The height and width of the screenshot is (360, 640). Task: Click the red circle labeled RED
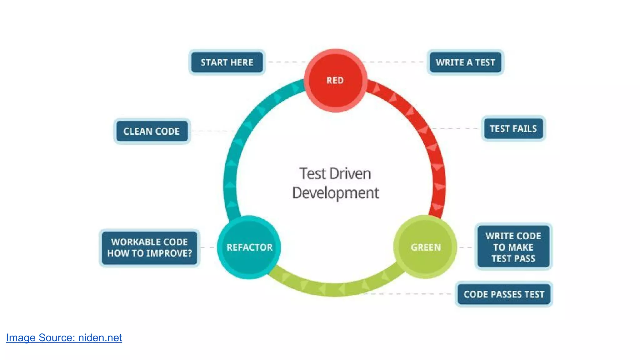335,80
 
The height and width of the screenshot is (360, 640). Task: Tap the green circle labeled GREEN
425,247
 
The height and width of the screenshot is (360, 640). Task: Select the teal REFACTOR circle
249,247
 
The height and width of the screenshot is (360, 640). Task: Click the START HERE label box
227,62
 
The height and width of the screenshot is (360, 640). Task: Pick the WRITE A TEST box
465,62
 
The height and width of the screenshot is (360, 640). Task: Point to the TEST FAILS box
513,129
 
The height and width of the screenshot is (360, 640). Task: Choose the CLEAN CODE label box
152,131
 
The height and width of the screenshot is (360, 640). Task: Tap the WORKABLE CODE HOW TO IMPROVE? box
149,247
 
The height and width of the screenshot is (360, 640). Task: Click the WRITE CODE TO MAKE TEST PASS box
513,247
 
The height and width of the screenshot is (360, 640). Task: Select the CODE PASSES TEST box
504,294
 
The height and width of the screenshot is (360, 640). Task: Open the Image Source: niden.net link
64,338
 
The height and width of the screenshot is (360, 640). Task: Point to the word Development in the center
335,193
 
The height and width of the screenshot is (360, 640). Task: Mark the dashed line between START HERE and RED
286,62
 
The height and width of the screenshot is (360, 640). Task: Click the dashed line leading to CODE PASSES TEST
409,294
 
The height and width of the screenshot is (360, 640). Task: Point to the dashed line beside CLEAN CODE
212,131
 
